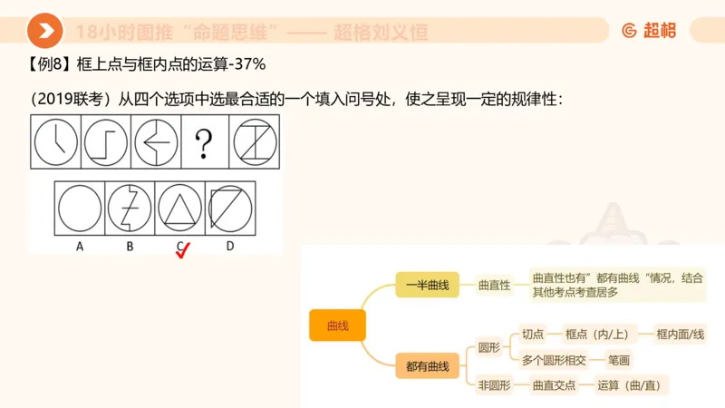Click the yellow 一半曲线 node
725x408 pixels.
click(427, 285)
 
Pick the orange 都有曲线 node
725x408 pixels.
click(427, 366)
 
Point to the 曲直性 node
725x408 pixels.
click(495, 285)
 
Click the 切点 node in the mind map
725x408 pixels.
click(533, 335)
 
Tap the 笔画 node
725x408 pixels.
click(620, 360)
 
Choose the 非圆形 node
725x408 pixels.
click(495, 385)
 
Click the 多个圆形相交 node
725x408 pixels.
click(554, 360)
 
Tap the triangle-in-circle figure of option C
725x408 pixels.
click(179, 207)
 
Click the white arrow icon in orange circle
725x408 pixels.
click(44, 31)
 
